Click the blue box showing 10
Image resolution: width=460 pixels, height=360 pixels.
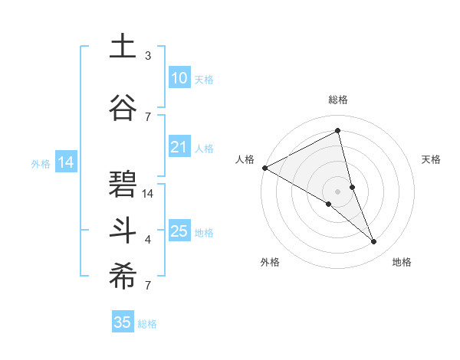(x=179, y=78)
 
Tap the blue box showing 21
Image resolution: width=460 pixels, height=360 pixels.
(x=179, y=148)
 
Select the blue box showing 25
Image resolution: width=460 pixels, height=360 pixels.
(x=179, y=231)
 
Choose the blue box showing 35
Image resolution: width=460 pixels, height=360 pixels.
(x=123, y=322)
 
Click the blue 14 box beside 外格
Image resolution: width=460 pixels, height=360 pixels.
(x=65, y=162)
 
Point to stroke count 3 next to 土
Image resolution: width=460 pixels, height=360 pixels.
(x=148, y=56)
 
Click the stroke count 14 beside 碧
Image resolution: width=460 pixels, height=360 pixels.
(x=148, y=194)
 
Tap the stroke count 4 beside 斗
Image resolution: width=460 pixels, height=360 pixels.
(x=148, y=240)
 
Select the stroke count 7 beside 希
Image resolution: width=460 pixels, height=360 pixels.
(x=148, y=286)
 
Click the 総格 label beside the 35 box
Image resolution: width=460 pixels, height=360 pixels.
(x=147, y=324)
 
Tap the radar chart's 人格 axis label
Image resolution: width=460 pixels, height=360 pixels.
(x=245, y=159)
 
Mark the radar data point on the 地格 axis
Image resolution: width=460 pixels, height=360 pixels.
(x=374, y=242)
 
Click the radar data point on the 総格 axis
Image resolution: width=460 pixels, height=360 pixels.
(x=337, y=131)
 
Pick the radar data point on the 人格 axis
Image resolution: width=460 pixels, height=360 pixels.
(x=264, y=167)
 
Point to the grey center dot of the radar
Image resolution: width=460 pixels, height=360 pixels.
(x=337, y=191)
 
